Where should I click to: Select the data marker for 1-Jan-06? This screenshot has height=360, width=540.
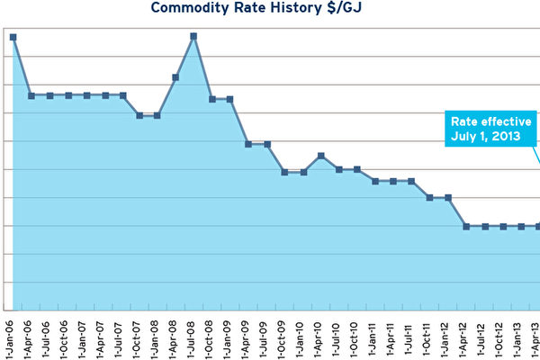click(13, 37)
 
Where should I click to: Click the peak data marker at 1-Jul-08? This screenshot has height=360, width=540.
click(194, 36)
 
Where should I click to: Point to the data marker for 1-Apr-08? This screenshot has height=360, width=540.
click(176, 77)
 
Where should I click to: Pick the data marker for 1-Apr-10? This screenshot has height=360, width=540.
click(321, 156)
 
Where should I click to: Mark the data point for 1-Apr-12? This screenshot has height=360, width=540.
click(466, 226)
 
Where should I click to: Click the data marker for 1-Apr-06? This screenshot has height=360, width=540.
click(31, 95)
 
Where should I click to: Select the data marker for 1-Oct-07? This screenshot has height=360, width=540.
click(139, 115)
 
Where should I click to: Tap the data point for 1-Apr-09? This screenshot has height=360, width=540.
click(248, 144)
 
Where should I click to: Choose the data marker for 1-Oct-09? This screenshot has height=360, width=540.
click(284, 172)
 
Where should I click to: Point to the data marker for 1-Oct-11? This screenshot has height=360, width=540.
click(430, 197)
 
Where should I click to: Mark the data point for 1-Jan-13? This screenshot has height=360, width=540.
click(520, 226)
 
